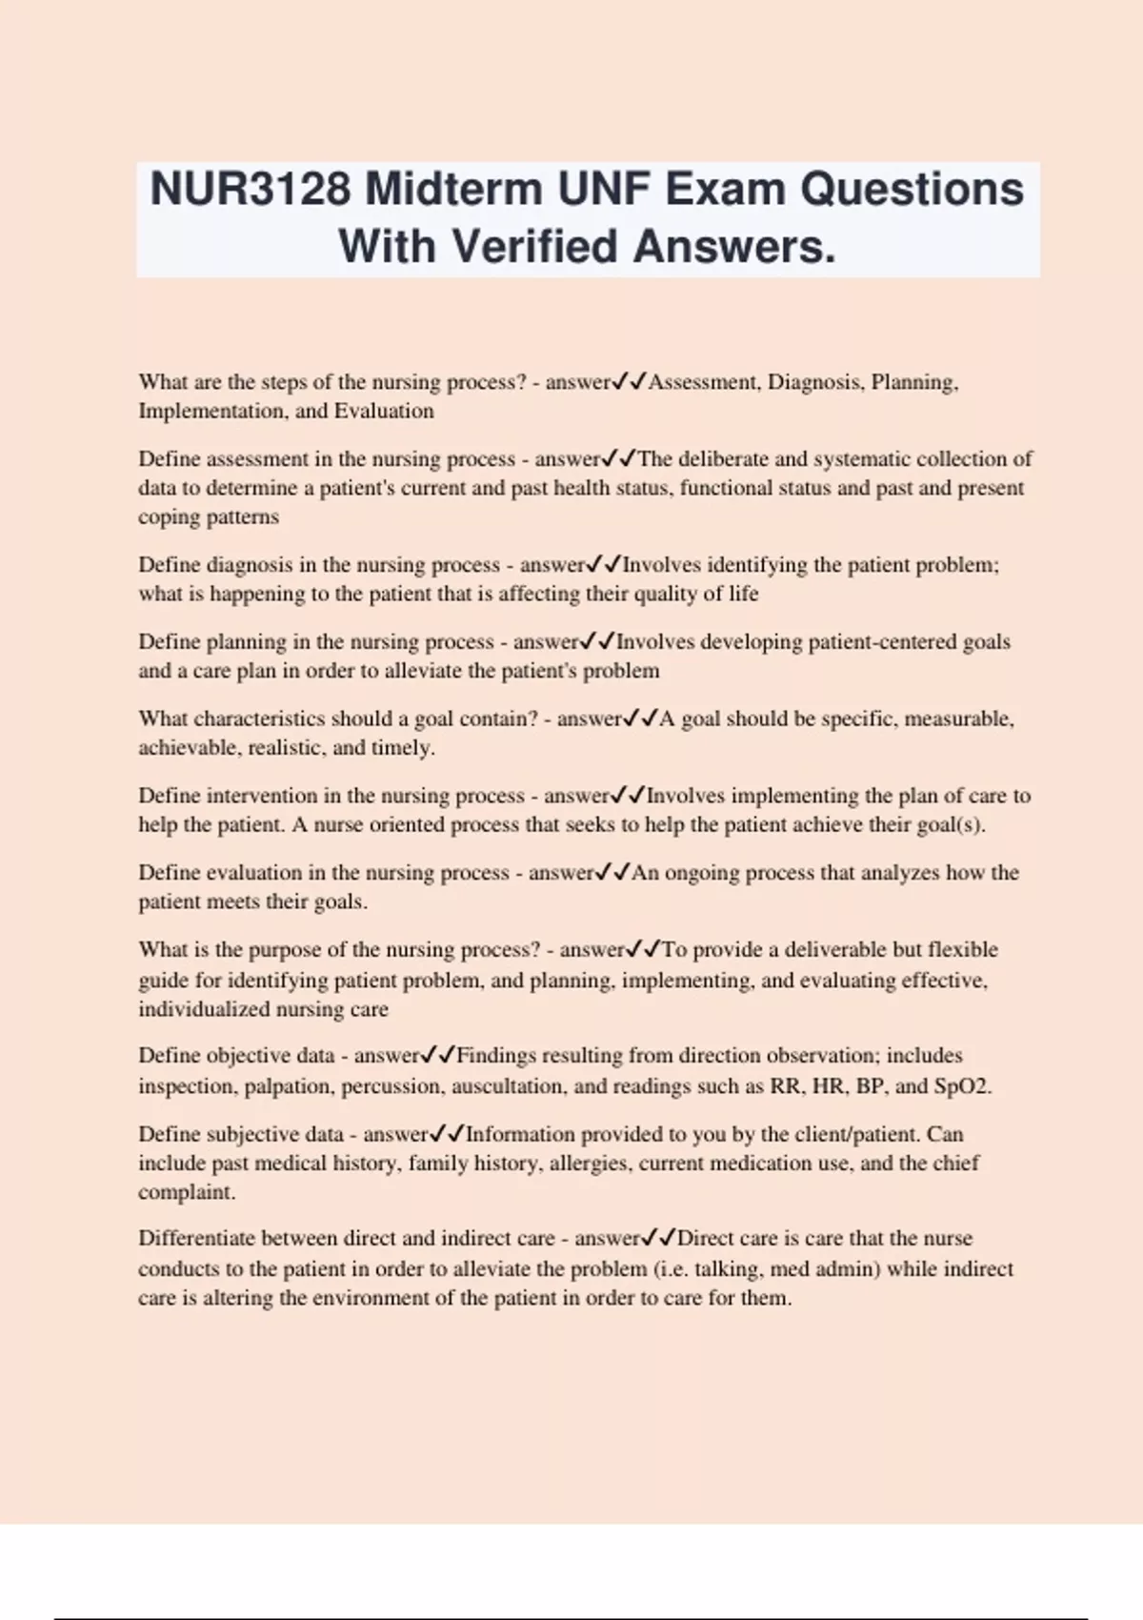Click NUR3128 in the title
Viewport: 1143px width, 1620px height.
pyautogui.click(x=251, y=189)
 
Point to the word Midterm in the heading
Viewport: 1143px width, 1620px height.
pyautogui.click(x=453, y=189)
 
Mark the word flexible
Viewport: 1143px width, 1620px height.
pyautogui.click(x=962, y=950)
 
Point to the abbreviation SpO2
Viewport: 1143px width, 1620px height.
pyautogui.click(x=962, y=1086)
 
